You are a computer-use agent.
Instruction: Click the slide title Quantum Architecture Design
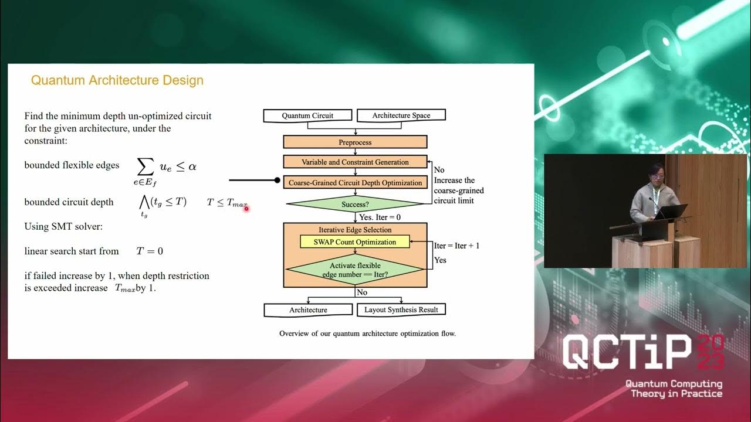click(117, 80)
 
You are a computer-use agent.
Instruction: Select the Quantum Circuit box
click(307, 115)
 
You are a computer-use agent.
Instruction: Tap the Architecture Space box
click(401, 115)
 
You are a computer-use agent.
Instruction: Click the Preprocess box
click(355, 142)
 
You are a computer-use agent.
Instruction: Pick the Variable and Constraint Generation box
click(355, 162)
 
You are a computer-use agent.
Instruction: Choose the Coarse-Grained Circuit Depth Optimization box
click(355, 183)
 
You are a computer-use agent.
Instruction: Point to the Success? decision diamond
click(354, 205)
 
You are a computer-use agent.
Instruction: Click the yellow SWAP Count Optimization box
click(354, 241)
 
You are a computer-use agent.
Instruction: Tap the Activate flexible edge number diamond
click(354, 270)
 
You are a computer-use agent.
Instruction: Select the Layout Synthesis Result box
click(401, 309)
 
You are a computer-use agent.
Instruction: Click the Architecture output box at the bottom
click(308, 309)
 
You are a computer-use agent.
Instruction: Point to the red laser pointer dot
click(246, 208)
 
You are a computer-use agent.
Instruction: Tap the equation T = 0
click(150, 251)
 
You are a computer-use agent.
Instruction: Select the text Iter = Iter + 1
click(456, 246)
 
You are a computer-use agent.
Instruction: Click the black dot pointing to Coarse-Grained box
click(278, 181)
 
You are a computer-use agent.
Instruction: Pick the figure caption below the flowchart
click(367, 333)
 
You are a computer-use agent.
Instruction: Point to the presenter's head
click(652, 174)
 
